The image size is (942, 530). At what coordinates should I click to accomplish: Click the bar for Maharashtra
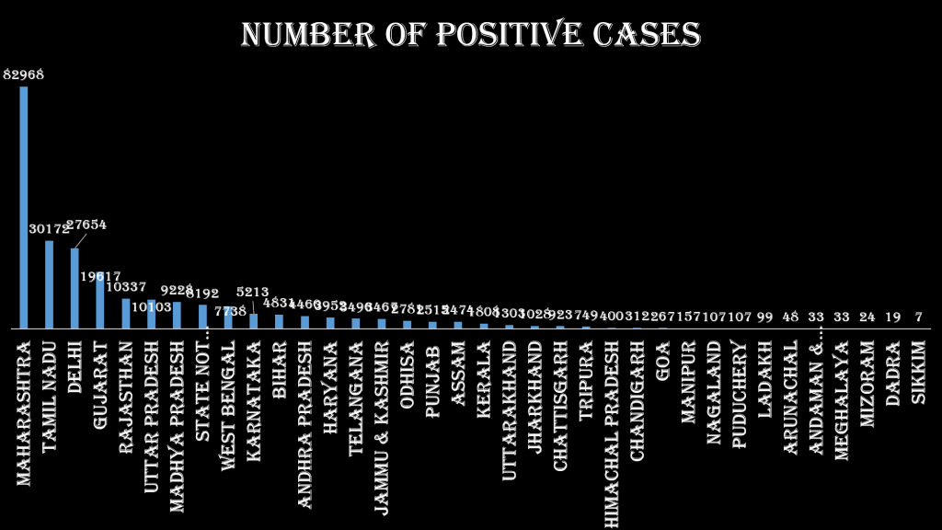coord(24,207)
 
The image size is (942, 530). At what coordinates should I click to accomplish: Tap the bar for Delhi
coord(75,287)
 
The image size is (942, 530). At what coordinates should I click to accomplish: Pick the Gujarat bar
coord(100,300)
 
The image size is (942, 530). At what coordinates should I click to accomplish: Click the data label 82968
coord(24,74)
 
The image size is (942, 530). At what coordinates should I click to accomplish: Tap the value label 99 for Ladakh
coord(764,317)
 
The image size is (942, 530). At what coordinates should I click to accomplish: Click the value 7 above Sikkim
coord(918,317)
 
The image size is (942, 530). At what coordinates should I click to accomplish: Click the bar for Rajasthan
coord(126,313)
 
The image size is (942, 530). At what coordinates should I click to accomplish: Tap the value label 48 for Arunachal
coord(790,317)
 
